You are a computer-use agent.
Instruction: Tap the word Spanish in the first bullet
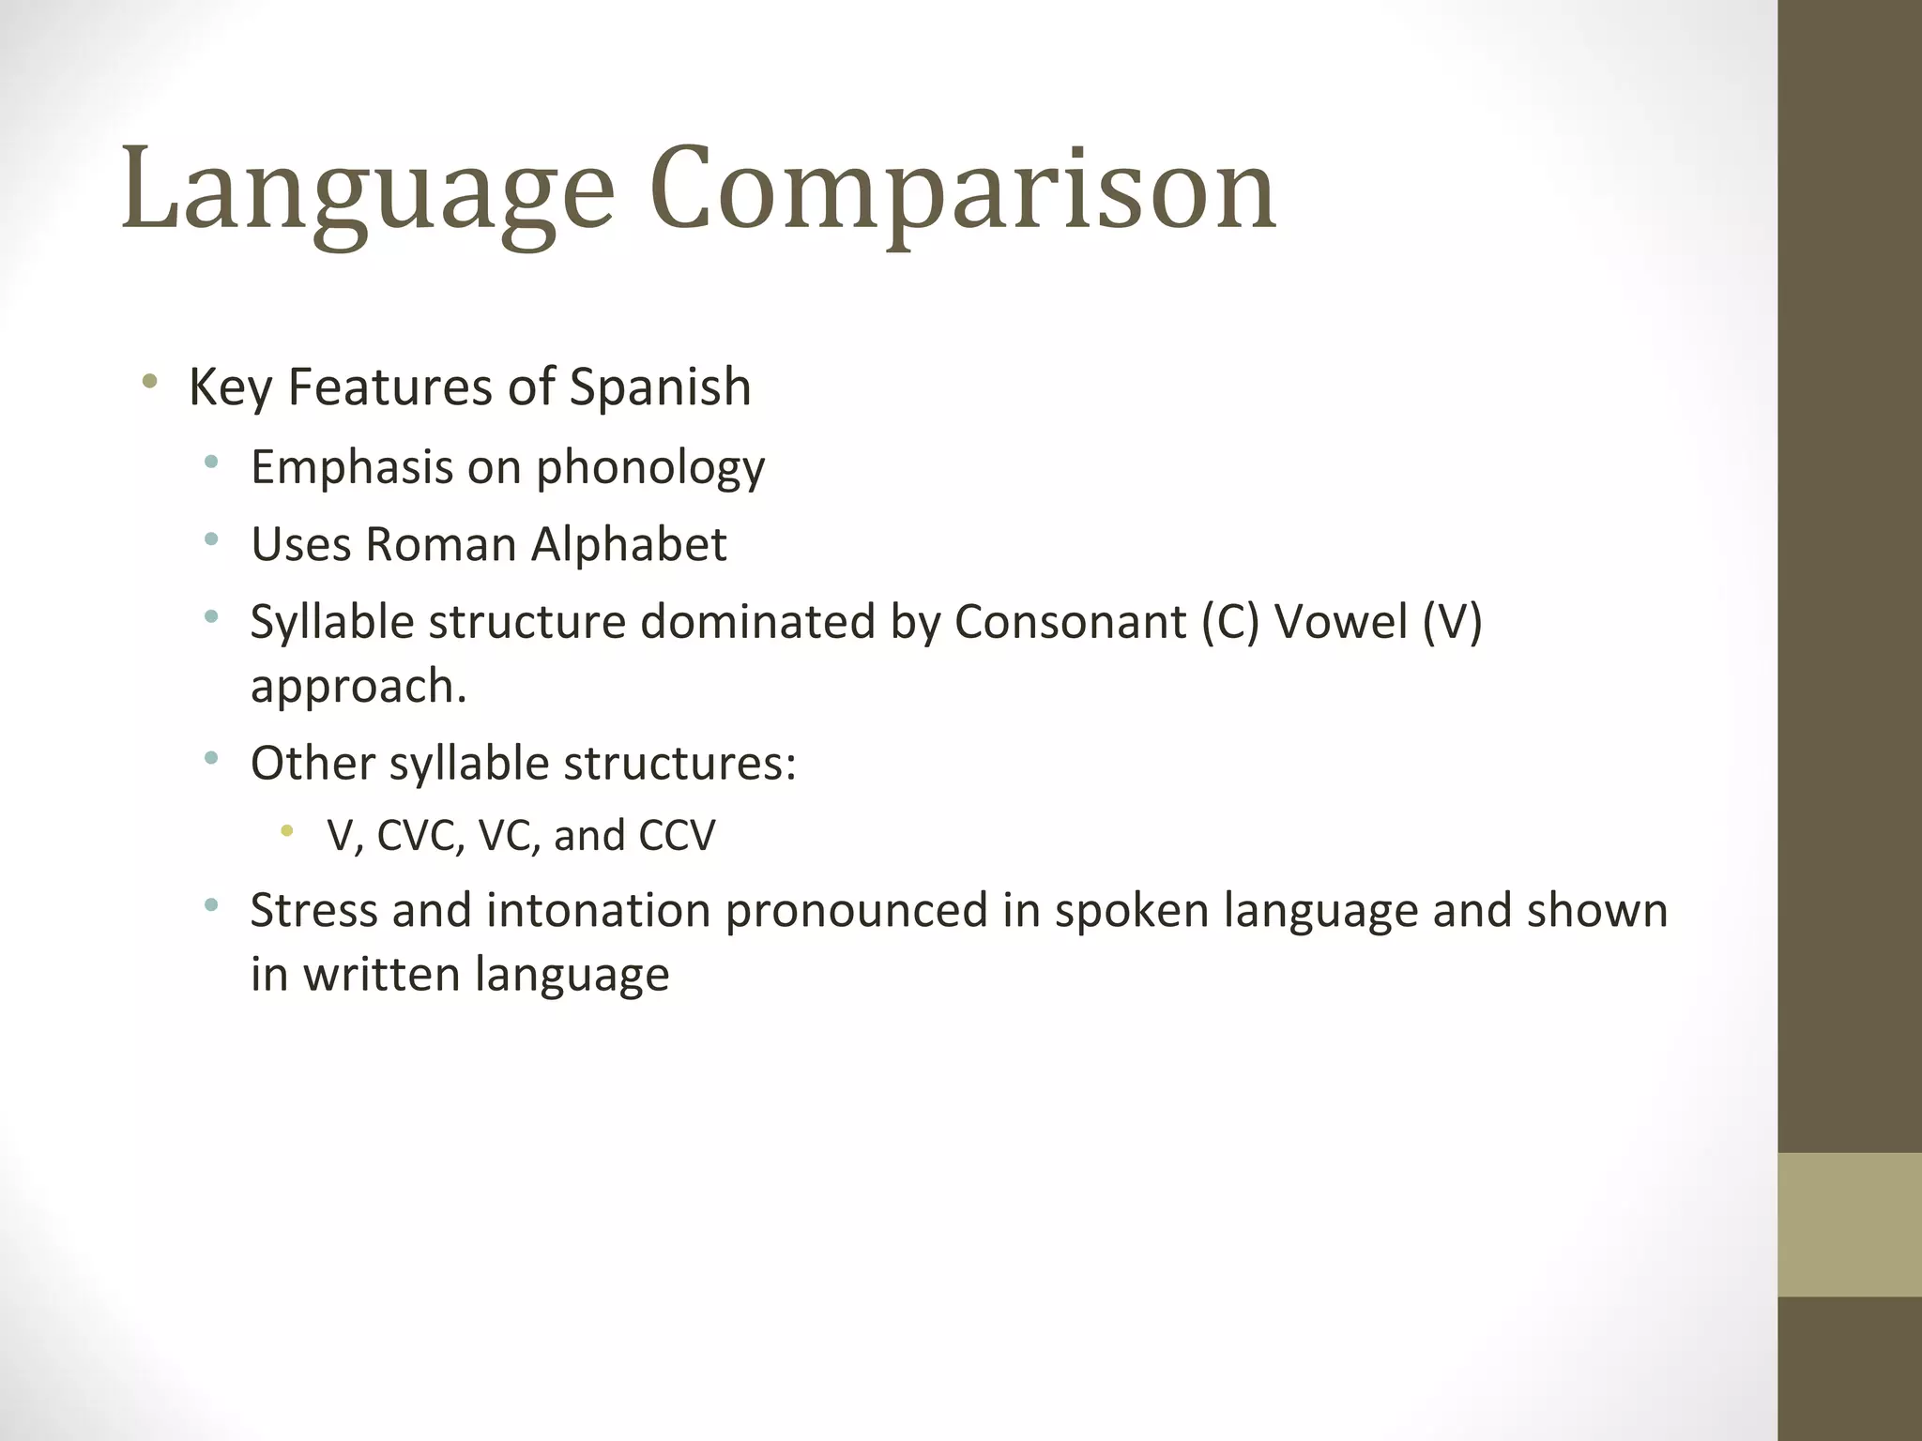tap(660, 387)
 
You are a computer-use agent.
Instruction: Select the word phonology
tap(650, 467)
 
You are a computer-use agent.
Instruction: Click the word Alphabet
tap(629, 544)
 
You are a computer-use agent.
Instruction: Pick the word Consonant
tap(1070, 621)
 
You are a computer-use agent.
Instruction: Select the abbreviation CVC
tap(420, 835)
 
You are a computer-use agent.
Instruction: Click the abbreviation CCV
tap(677, 835)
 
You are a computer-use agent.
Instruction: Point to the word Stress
tap(313, 910)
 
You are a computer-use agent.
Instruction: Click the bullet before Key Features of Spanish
tap(148, 382)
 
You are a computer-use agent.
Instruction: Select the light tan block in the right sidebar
tap(1849, 1224)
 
